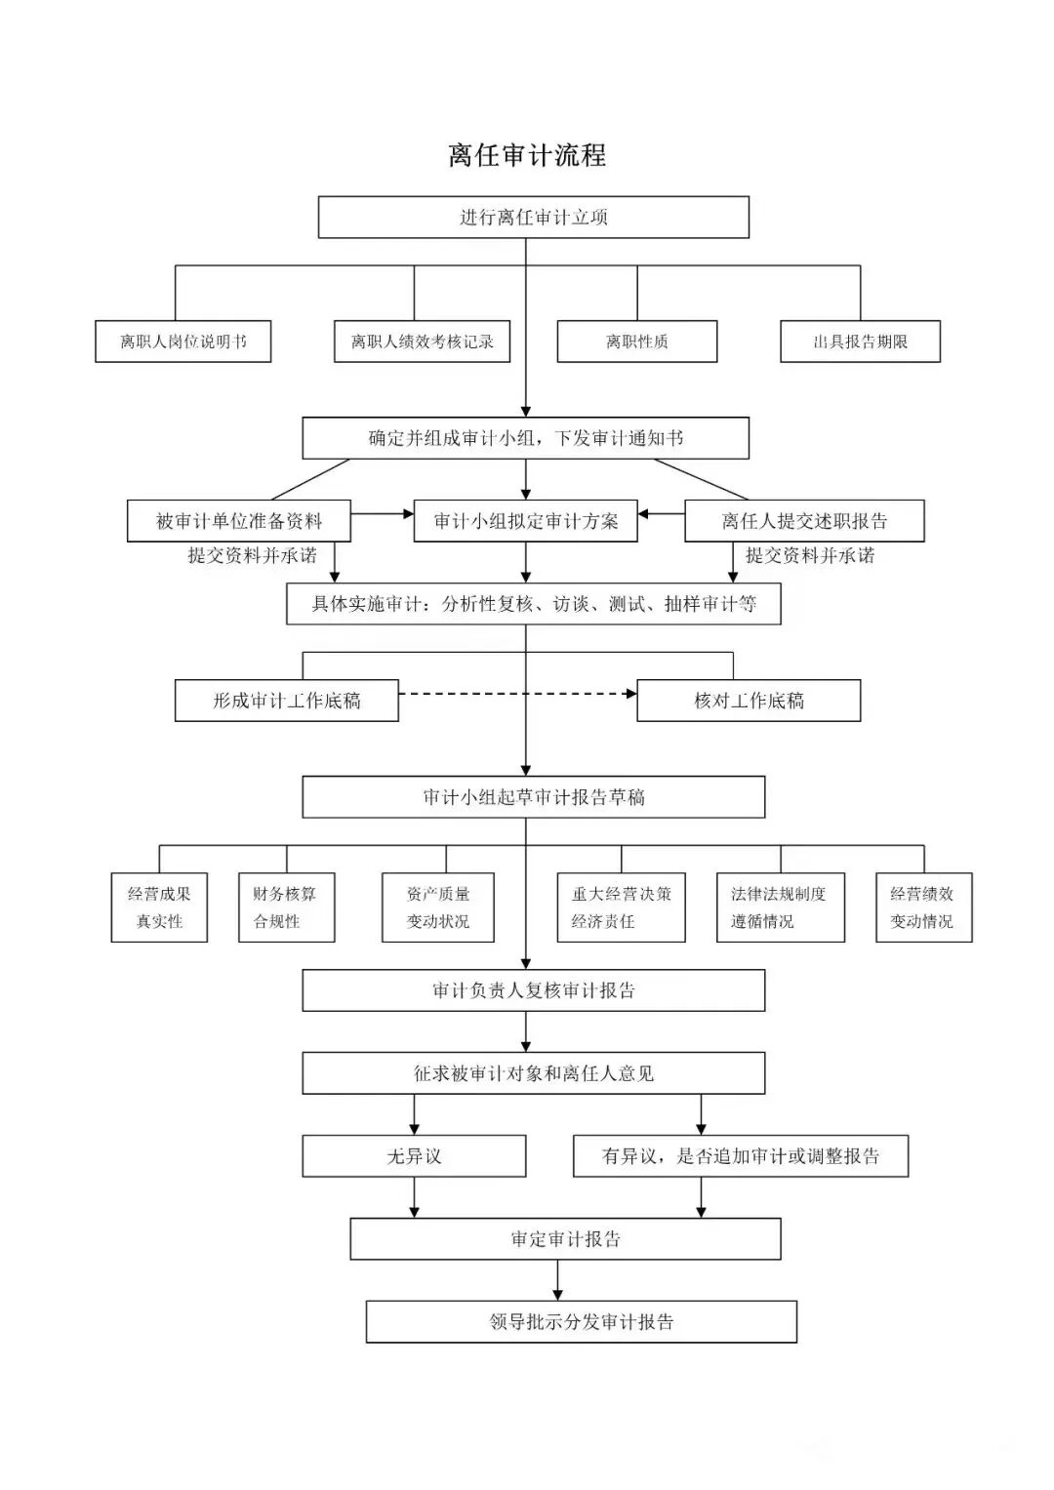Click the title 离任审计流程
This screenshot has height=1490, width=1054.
point(527,155)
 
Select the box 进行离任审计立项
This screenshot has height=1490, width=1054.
point(533,217)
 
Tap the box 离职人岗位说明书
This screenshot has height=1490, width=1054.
point(182,342)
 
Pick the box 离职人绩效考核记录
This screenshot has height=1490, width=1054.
point(422,342)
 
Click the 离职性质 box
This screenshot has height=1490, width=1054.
point(636,342)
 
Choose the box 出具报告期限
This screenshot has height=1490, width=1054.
point(860,342)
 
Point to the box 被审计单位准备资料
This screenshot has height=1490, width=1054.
point(238,521)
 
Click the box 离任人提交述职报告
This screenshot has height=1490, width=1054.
point(804,521)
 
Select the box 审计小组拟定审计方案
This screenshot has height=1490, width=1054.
point(526,521)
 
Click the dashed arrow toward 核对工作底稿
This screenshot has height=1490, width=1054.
point(517,694)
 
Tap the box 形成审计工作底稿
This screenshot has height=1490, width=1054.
point(286,701)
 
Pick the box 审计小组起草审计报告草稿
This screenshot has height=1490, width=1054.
point(533,797)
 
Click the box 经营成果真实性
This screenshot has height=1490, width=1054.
point(159,907)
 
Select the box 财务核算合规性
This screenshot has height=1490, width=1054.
point(286,907)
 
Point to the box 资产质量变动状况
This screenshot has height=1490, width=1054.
point(437,907)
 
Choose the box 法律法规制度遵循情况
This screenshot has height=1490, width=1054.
point(780,907)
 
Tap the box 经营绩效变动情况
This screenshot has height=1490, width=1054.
point(923,907)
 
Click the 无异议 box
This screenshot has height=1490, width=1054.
point(414,1156)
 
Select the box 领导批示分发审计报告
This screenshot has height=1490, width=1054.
point(581,1322)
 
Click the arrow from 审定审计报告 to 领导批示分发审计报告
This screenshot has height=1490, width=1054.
point(558,1280)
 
